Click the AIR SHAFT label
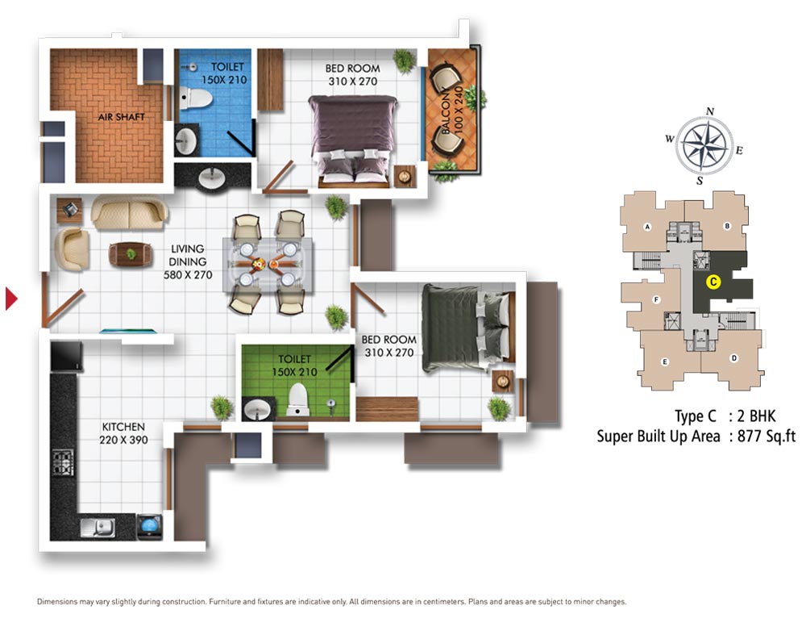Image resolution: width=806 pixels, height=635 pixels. tap(122, 117)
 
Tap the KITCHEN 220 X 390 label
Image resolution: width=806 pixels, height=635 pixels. tap(123, 433)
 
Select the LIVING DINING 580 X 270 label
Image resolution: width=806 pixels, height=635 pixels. tap(188, 261)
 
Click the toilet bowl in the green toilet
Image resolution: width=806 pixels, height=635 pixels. tap(297, 399)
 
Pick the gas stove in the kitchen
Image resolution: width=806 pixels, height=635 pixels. tap(63, 462)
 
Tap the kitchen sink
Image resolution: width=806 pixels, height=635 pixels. tap(98, 527)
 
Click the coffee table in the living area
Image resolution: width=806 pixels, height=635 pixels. tap(131, 254)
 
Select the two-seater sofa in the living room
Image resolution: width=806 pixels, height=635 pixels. tap(130, 211)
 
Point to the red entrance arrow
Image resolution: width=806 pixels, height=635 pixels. tap(10, 299)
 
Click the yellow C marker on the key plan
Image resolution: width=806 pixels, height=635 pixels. tap(713, 282)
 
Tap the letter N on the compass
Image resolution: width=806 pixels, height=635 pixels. tap(710, 111)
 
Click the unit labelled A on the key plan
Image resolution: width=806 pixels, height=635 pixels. tap(646, 227)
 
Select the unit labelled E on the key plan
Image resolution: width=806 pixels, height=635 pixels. tap(665, 361)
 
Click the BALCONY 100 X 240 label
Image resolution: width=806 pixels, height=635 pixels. tap(452, 110)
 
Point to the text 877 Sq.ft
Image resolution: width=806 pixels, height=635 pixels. tap(767, 437)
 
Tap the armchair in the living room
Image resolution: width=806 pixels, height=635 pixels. tap(72, 249)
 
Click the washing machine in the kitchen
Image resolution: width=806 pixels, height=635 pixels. tap(150, 527)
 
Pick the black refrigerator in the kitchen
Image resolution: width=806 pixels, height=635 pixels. tap(66, 356)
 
